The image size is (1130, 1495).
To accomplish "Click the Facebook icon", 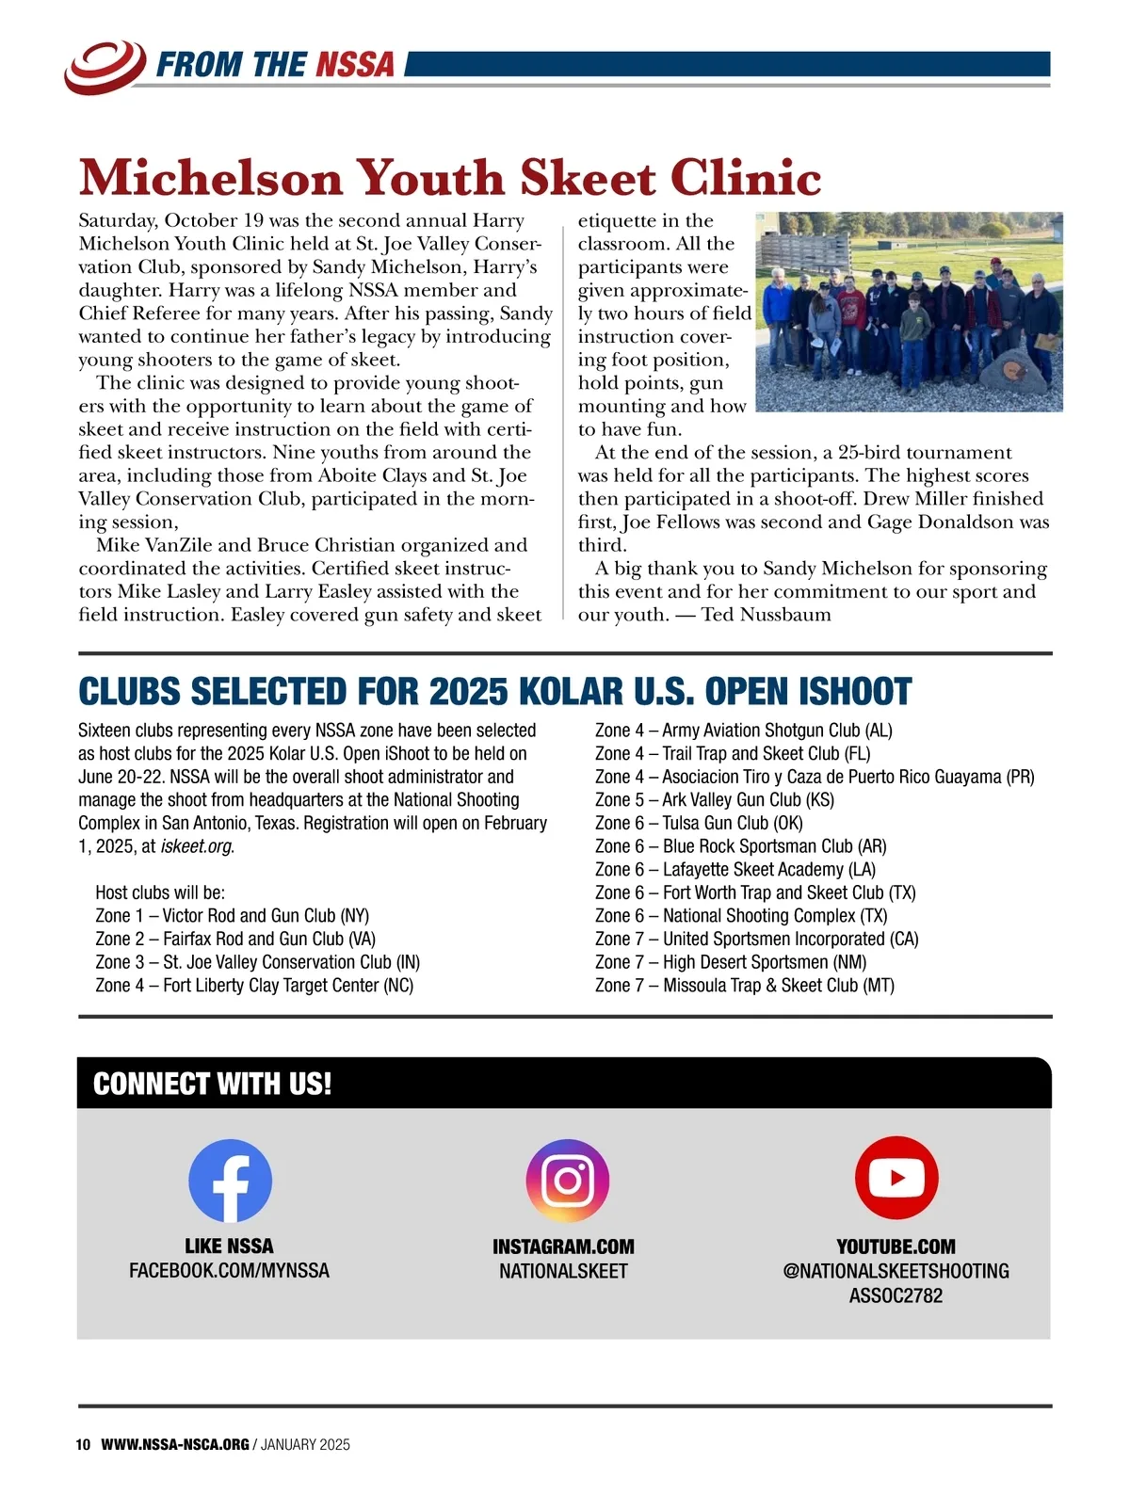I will coord(230,1181).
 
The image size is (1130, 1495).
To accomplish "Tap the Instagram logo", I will coord(567,1181).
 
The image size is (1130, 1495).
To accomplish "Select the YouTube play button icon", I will coord(896,1178).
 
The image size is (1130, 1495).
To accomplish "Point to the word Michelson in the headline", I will coord(211,178).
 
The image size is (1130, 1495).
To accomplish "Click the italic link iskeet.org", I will coord(196,846).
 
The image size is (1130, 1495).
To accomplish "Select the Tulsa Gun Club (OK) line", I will coord(699,823).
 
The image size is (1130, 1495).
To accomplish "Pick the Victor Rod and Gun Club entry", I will coord(232,916).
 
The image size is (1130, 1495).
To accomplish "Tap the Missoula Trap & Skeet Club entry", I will coord(744,986).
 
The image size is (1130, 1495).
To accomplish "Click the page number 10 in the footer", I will coord(83,1445).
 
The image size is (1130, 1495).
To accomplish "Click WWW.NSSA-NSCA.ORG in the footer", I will coord(174,1445).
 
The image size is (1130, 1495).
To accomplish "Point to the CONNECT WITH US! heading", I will coord(212,1084).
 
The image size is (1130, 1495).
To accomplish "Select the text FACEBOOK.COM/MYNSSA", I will coord(229,1271).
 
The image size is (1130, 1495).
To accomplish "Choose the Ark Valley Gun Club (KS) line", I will coord(714,800).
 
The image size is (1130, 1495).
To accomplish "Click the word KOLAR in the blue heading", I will coord(573,692).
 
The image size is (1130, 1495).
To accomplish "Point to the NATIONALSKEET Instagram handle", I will coord(563,1271).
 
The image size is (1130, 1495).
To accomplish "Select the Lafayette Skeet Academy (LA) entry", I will coord(734,870).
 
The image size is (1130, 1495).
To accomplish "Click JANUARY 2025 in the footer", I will coord(305,1445).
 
